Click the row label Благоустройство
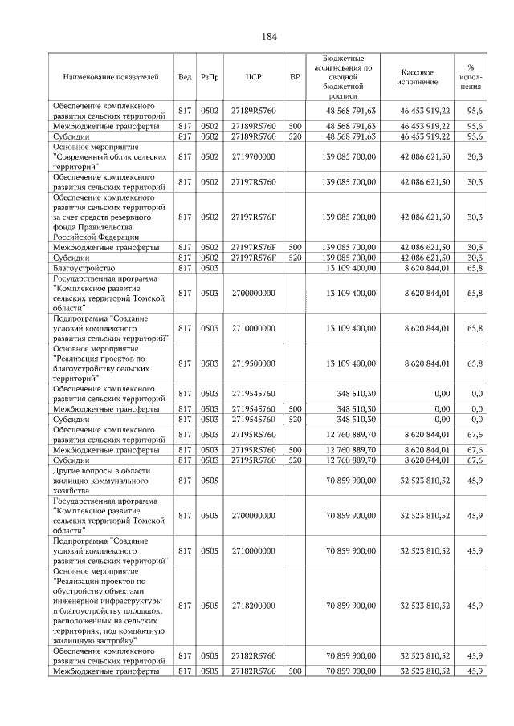(84, 269)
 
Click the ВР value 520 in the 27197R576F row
(295, 258)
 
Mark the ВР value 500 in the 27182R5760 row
(295, 670)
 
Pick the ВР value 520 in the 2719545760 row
(295, 420)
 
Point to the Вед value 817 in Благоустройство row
(184, 269)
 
